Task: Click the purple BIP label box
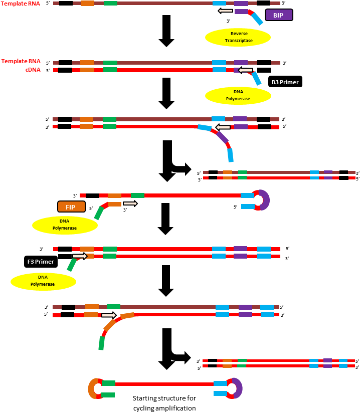point(279,15)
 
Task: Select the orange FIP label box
point(71,207)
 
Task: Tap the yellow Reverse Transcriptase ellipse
point(238,37)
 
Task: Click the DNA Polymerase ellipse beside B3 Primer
point(238,95)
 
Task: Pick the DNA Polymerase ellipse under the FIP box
point(65,225)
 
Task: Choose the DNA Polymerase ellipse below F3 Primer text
point(43,281)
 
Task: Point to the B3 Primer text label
point(285,82)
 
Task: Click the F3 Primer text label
point(41,262)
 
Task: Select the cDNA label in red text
point(33,70)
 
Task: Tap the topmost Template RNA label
point(21,4)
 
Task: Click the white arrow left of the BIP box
point(226,11)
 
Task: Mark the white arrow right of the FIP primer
point(130,203)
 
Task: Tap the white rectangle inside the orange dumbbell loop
point(108,389)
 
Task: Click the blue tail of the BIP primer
point(257,19)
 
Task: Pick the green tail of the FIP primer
point(99,213)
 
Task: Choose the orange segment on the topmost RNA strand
point(87,4)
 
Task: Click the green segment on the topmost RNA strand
point(110,4)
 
